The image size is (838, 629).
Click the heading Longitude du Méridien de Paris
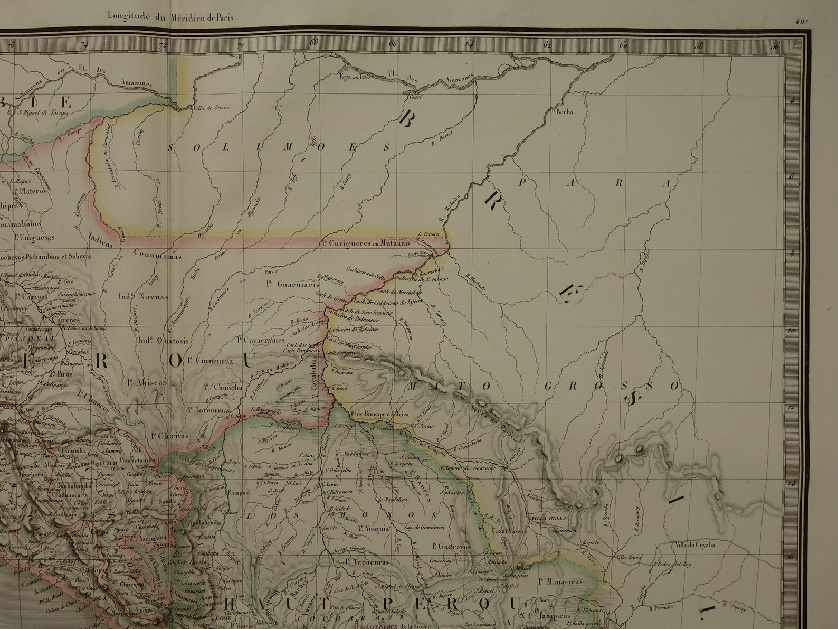pyautogui.click(x=170, y=16)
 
